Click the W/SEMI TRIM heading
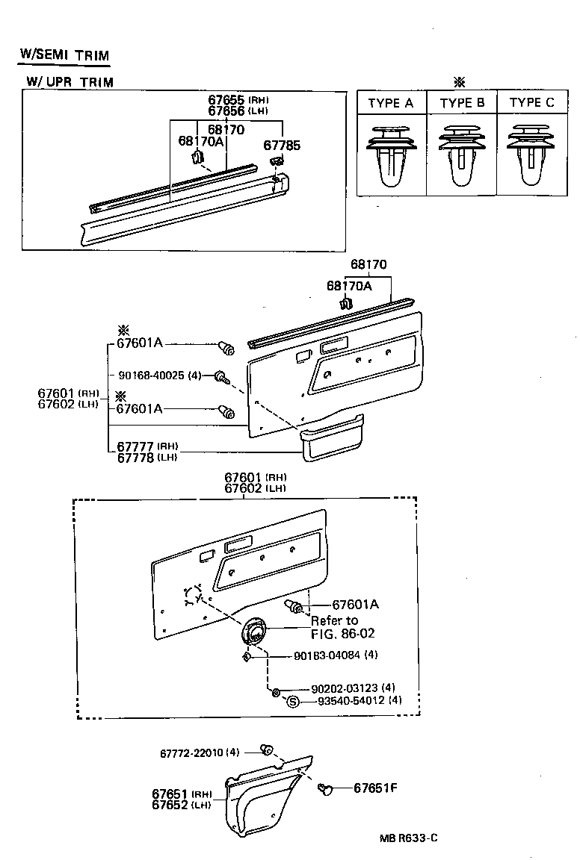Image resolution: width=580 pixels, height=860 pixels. coord(64,55)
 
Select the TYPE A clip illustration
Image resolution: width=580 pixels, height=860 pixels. coord(391,158)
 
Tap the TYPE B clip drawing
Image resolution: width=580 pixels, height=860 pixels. coord(462,158)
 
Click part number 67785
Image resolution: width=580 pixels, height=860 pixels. coord(282,146)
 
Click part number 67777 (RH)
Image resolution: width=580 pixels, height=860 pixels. coord(135,446)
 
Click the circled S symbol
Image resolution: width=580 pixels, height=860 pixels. coord(293,701)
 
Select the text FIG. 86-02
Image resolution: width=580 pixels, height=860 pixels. coord(342,633)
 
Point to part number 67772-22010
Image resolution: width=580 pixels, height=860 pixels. coord(191,752)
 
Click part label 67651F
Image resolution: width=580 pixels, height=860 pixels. coord(375,788)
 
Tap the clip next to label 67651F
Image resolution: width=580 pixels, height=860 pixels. coord(324,788)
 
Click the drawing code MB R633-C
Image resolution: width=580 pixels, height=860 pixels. coord(408,838)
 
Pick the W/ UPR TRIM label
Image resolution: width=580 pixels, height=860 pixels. coord(70,82)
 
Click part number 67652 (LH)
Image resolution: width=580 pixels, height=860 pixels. coord(172,805)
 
